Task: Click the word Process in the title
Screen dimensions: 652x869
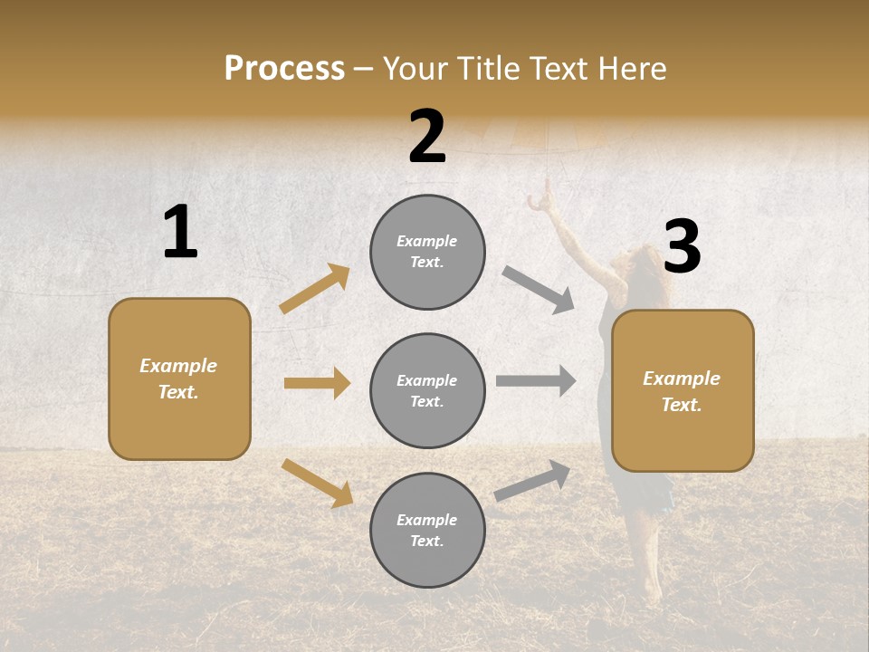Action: [x=284, y=69]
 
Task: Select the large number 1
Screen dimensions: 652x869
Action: [x=180, y=233]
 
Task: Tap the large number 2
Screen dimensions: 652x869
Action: [x=427, y=137]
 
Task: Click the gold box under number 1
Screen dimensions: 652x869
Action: [x=179, y=379]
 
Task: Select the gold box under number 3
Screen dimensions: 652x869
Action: [x=683, y=391]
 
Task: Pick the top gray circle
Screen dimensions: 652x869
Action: [x=427, y=252]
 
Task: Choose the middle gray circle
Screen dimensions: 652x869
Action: [x=427, y=391]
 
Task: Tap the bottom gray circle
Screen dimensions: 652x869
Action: [x=427, y=531]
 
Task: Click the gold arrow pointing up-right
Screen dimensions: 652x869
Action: [x=315, y=289]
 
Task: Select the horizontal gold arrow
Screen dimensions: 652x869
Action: [x=317, y=383]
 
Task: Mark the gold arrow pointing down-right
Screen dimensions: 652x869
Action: [x=317, y=483]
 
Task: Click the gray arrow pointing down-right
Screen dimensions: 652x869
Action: [x=539, y=290]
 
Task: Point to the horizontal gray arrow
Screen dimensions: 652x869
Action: [x=536, y=381]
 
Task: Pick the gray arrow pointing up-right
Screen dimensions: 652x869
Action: [x=532, y=481]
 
